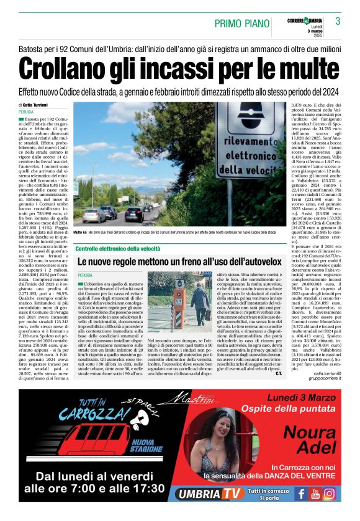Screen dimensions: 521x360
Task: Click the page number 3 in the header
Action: (x=338, y=21)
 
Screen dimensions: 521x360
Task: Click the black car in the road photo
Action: (x=135, y=213)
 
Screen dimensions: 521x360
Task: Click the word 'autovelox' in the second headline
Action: (x=254, y=262)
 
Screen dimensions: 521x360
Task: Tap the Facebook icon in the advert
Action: (x=301, y=494)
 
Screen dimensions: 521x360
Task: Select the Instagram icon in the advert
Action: (x=329, y=494)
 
